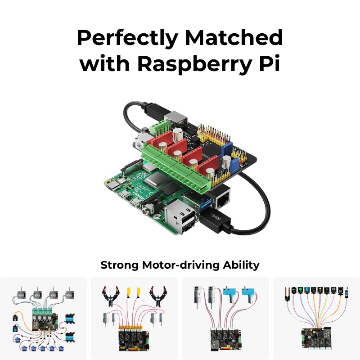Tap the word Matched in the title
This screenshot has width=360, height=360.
click(241, 38)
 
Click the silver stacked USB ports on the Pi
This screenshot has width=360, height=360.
click(180, 220)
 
